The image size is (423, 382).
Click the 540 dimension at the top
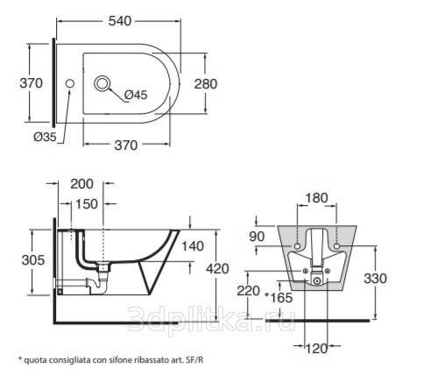coord(120,21)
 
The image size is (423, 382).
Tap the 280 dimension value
coord(206,84)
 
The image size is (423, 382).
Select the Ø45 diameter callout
coord(136,95)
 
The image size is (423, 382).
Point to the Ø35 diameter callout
coord(45,137)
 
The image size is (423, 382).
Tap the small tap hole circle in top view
coord(70,83)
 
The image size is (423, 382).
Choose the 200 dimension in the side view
coord(81,184)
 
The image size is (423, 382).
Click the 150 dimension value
coord(87,204)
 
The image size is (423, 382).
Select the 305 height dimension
coord(33,260)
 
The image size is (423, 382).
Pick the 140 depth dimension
coord(193,246)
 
